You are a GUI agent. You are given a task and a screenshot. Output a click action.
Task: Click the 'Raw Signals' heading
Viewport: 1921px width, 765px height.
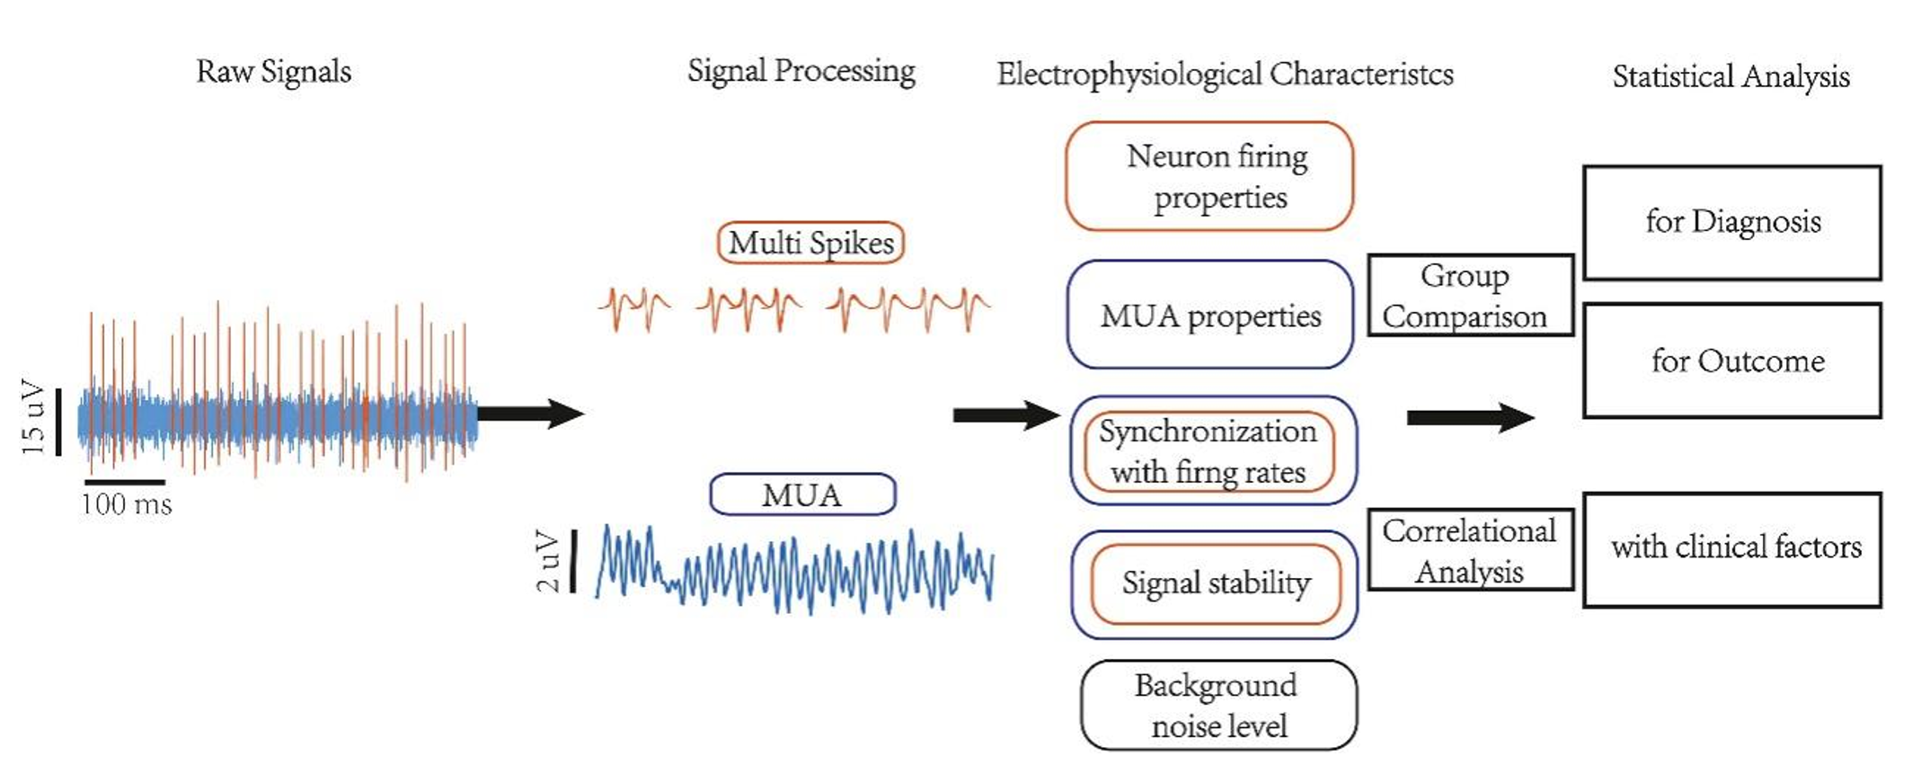pos(273,71)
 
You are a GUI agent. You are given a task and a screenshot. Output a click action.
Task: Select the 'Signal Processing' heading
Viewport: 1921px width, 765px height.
pos(801,71)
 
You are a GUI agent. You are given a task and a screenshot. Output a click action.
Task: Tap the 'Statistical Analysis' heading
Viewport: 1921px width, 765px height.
pos(1730,76)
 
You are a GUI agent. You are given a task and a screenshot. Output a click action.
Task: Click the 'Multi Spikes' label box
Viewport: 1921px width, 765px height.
pos(810,243)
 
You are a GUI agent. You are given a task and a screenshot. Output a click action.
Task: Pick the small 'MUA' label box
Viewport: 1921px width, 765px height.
pos(802,494)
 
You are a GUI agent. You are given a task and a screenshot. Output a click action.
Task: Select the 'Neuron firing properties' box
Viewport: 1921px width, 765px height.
pos(1209,176)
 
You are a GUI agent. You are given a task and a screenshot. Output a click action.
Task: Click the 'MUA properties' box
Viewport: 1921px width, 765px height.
pos(1210,315)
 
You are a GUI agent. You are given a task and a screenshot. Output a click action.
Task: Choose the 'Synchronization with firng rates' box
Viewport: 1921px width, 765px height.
pos(1210,451)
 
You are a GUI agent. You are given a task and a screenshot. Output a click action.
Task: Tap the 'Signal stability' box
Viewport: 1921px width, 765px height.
pos(1215,583)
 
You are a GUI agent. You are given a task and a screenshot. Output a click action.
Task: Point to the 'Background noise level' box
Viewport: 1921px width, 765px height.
pos(1218,706)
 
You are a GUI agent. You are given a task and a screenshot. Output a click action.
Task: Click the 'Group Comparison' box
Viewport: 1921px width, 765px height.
pos(1470,296)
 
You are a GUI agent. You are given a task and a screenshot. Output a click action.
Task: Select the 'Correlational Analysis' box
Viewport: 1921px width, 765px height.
pos(1470,550)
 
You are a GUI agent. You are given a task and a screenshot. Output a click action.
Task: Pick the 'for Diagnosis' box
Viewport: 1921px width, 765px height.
pos(1731,222)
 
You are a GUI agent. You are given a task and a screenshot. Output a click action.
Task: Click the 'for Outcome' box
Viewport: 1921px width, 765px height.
pos(1731,360)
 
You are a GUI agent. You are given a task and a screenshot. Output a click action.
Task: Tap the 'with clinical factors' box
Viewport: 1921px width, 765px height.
pos(1731,549)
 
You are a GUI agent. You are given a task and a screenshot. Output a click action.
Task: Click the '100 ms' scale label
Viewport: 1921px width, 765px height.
pos(127,504)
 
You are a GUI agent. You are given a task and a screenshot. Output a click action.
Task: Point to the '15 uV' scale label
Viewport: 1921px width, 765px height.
pos(33,417)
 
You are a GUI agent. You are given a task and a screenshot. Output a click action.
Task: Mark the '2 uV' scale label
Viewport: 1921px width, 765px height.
pos(547,561)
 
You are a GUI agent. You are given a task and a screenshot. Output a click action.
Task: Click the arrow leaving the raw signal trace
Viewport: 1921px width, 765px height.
pos(530,414)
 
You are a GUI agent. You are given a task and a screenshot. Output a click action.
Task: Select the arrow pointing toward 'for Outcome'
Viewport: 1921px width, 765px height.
pos(1470,417)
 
